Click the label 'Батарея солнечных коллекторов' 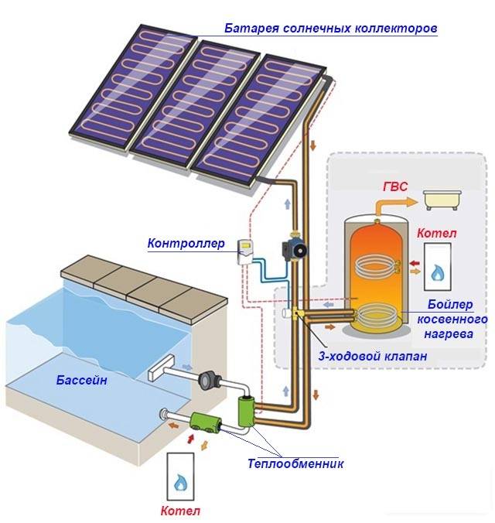(331, 29)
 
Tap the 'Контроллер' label (186, 244)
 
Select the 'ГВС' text (397, 187)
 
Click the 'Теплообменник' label (295, 464)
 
